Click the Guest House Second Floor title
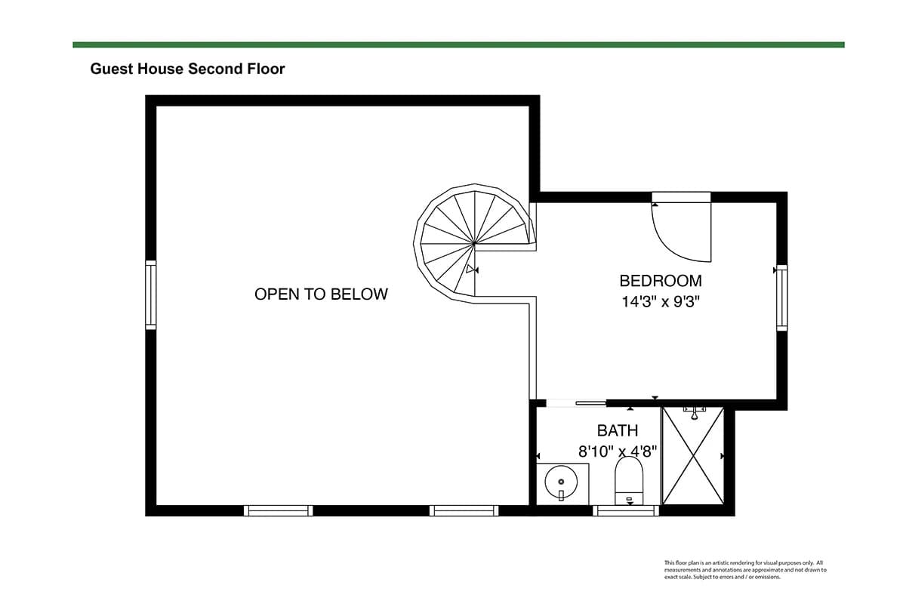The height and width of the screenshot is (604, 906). [187, 69]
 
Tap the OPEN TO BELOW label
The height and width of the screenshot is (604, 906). [321, 294]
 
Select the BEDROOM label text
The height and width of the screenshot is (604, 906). [661, 281]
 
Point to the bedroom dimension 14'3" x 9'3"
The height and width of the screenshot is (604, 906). [661, 302]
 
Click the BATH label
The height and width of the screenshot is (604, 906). [618, 430]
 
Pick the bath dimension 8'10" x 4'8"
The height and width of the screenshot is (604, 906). [618, 451]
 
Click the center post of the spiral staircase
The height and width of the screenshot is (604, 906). [473, 244]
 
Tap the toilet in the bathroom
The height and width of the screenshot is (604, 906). [629, 481]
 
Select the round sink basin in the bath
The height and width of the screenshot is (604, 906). [561, 482]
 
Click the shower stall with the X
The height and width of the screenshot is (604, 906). [693, 456]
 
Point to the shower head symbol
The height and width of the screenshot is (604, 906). [694, 414]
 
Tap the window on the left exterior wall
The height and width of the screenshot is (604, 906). [150, 295]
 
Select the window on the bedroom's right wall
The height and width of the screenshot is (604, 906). [782, 297]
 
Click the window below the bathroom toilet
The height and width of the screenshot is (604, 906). [626, 510]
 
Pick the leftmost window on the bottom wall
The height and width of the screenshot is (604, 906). [279, 510]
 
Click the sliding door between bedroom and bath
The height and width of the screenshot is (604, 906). [576, 403]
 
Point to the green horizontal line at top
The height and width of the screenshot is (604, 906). [459, 45]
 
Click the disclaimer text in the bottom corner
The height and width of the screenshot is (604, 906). [745, 569]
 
